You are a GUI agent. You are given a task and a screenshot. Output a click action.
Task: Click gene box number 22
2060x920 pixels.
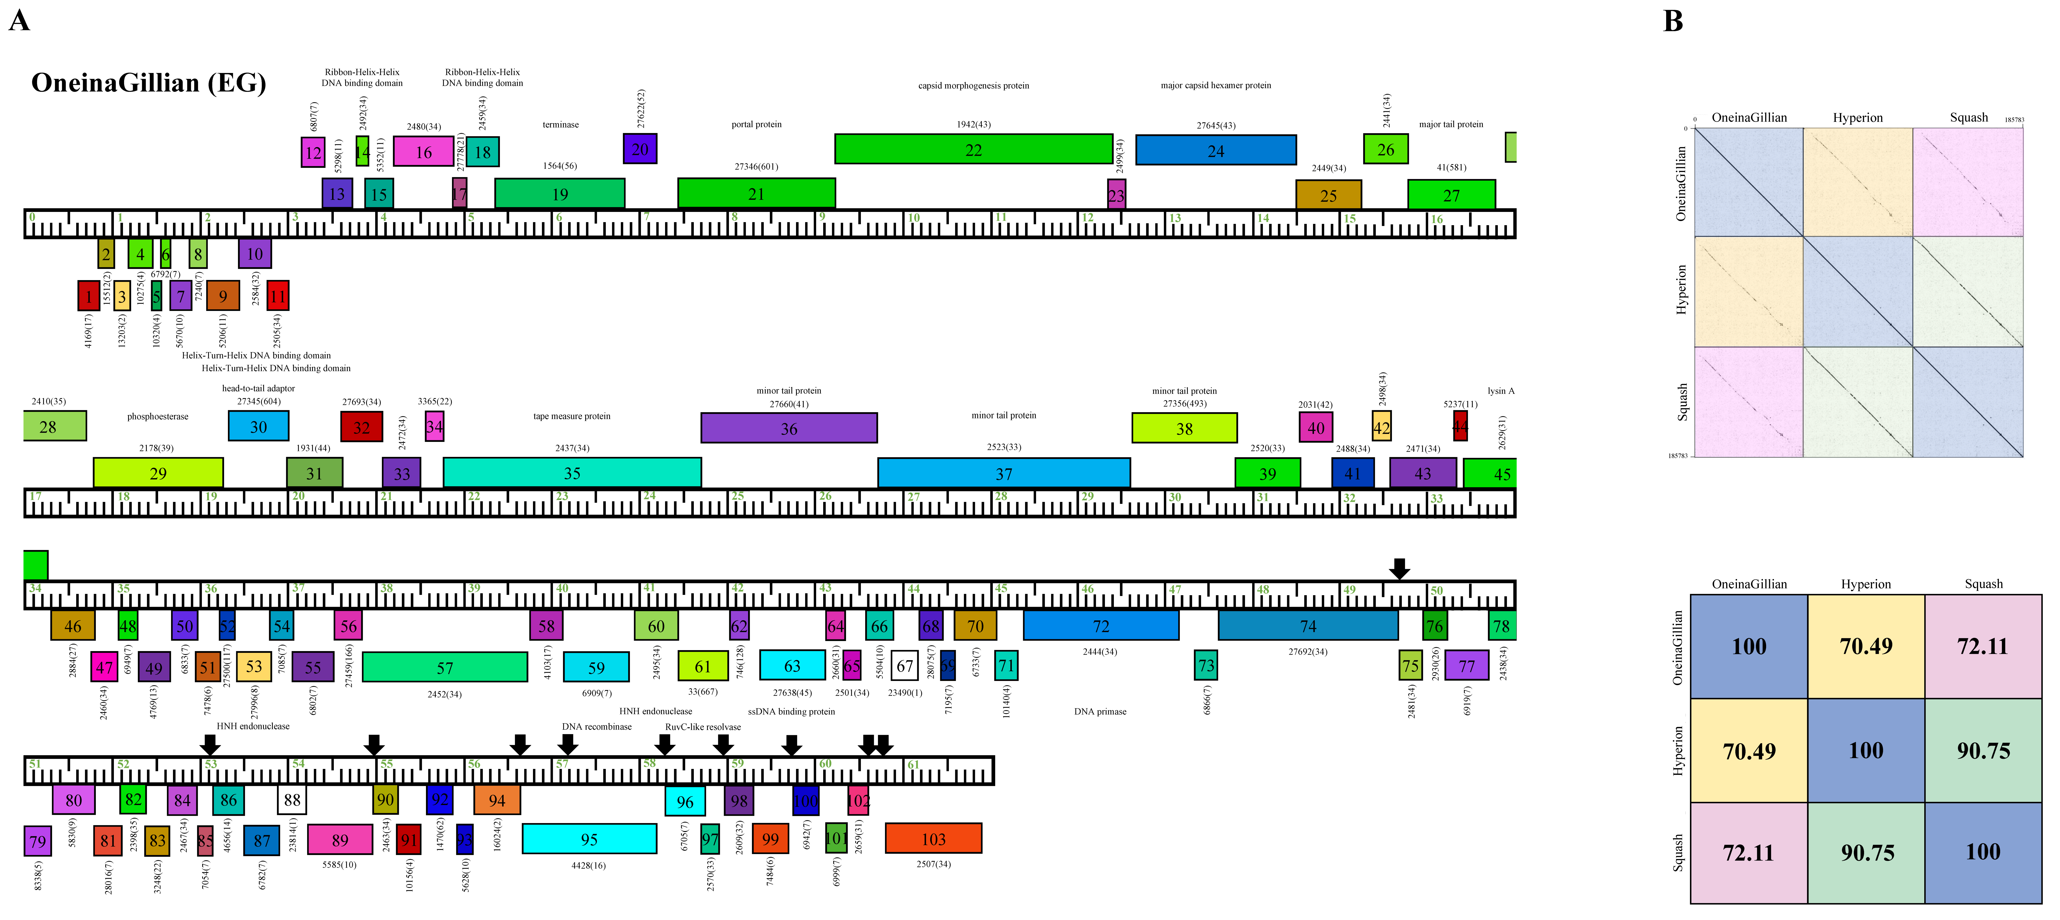(973, 149)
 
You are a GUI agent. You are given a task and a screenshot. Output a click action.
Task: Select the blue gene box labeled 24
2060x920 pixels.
(1216, 150)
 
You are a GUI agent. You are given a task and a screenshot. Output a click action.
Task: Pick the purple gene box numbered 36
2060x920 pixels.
(788, 428)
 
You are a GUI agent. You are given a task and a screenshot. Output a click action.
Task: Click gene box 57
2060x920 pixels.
(445, 667)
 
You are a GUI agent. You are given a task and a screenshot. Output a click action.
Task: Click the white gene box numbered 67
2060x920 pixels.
(904, 666)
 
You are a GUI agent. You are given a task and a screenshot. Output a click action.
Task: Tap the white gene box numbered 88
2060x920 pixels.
(292, 799)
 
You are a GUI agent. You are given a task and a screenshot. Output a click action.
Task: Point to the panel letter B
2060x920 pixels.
(1673, 21)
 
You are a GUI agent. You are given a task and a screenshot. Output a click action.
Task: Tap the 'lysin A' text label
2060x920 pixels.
(1500, 391)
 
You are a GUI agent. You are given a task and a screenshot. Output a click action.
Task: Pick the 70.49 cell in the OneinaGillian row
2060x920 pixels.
(1866, 646)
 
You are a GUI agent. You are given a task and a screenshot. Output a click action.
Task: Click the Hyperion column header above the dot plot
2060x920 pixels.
(1858, 117)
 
